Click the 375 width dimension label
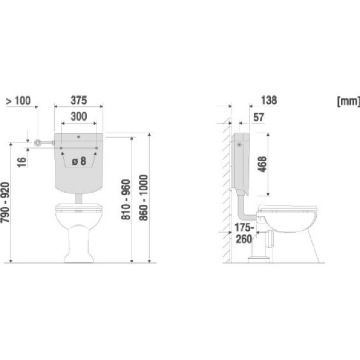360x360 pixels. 79,101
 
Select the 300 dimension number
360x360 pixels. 79,117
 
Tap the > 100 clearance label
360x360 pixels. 18,101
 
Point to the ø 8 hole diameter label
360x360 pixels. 79,161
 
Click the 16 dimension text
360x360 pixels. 22,162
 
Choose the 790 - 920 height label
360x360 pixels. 5,202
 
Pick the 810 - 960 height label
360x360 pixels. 126,199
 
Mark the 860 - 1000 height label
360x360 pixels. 143,198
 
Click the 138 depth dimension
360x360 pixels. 269,101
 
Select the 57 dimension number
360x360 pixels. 259,117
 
